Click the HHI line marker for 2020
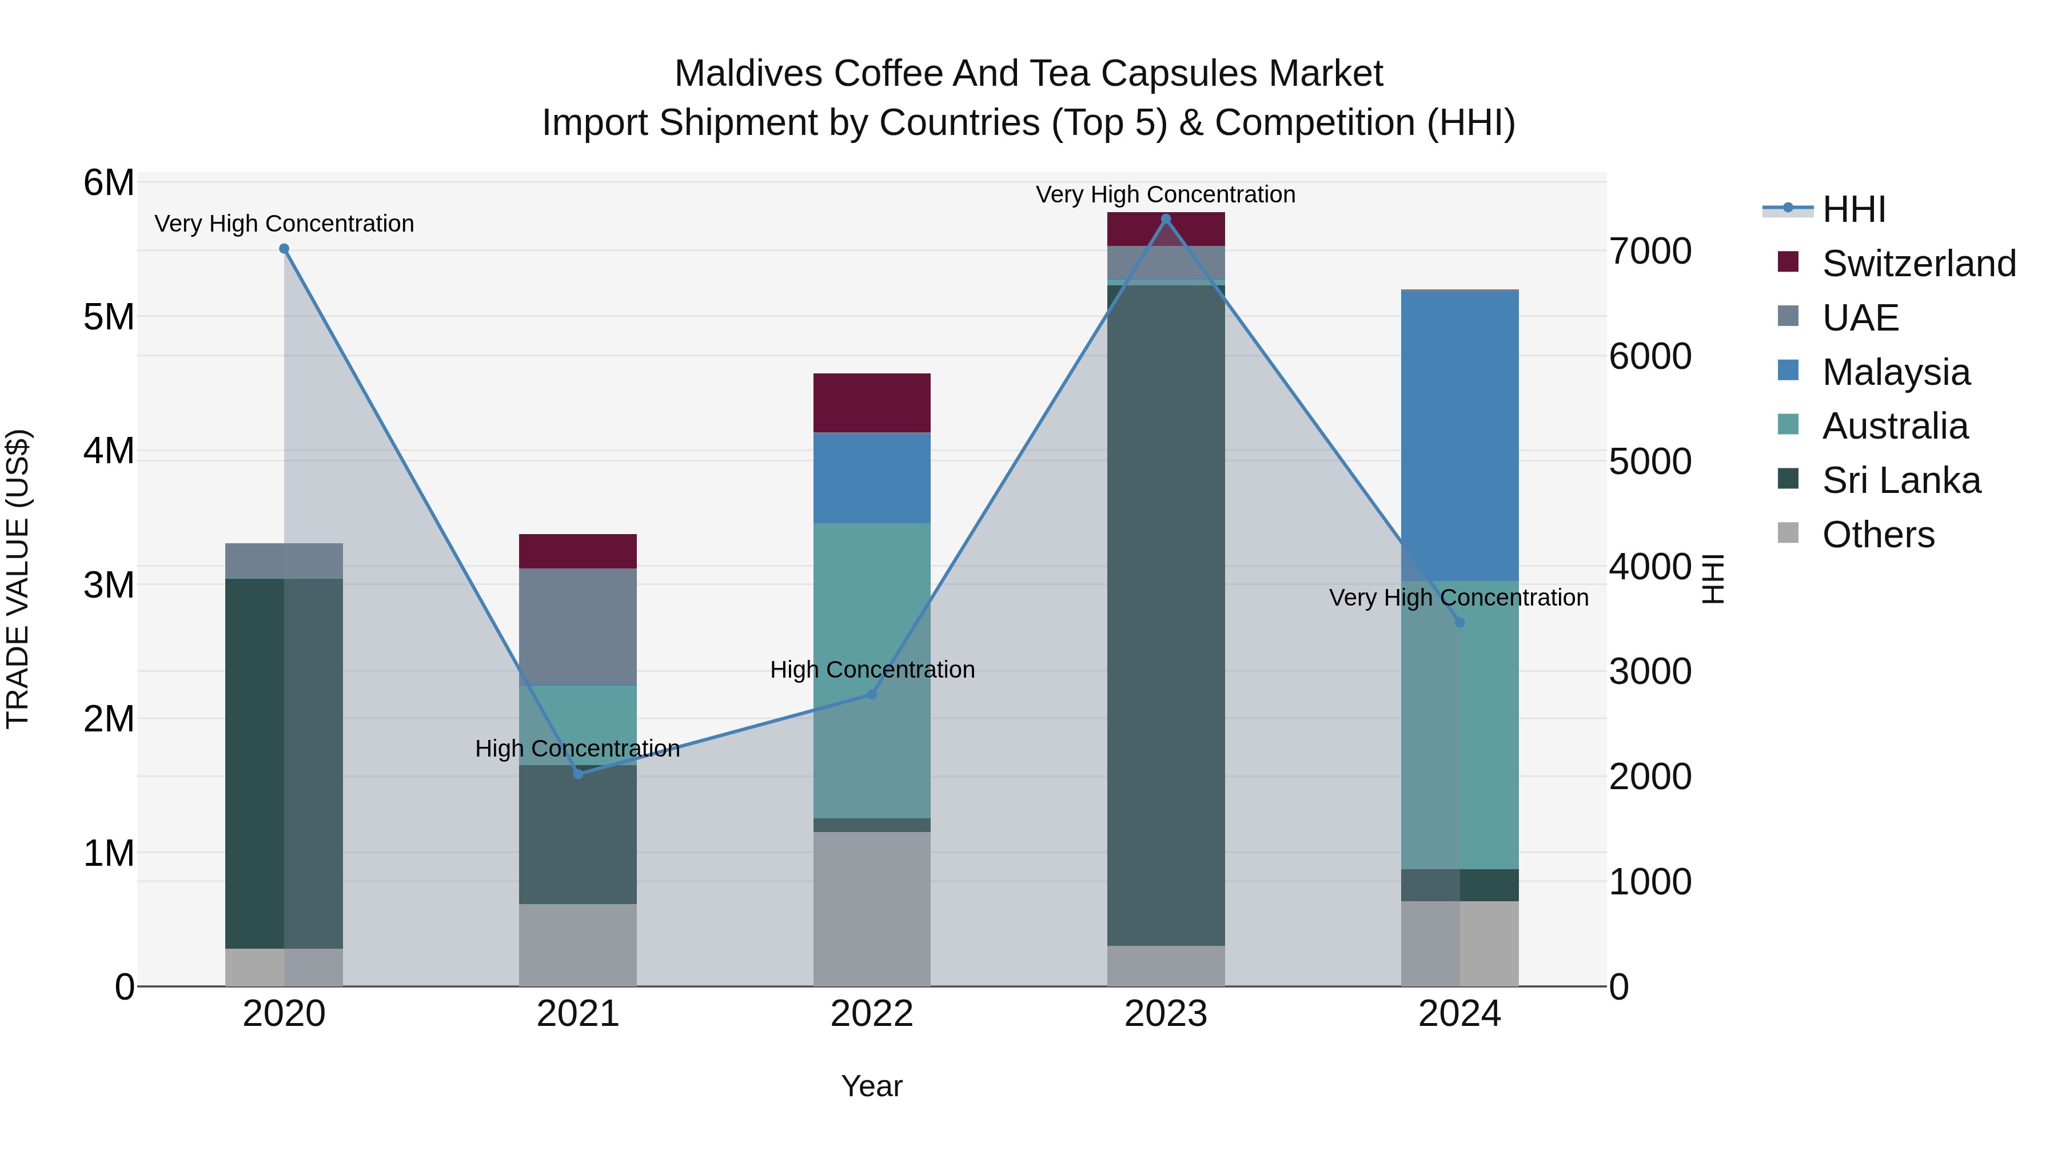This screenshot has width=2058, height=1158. (284, 249)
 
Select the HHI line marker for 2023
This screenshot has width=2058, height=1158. (1166, 219)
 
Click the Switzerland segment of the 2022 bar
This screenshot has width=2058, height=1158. (872, 403)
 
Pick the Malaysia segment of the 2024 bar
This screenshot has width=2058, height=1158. (1459, 436)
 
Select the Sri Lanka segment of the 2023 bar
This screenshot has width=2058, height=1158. (1166, 615)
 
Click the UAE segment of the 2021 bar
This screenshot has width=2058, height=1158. (577, 627)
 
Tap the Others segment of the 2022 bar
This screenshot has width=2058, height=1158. (872, 909)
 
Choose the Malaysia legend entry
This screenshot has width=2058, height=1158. (1895, 372)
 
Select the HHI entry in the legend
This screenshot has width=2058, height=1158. (1853, 209)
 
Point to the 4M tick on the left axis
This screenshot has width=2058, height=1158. (109, 451)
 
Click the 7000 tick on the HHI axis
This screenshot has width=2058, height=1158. (1650, 251)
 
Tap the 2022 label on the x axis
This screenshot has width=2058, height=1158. (872, 1014)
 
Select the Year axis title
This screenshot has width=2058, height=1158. (872, 1086)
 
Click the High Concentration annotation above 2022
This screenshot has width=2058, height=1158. (872, 670)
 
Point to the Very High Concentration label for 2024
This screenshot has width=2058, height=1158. (1458, 598)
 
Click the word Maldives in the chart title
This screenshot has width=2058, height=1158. (748, 74)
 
